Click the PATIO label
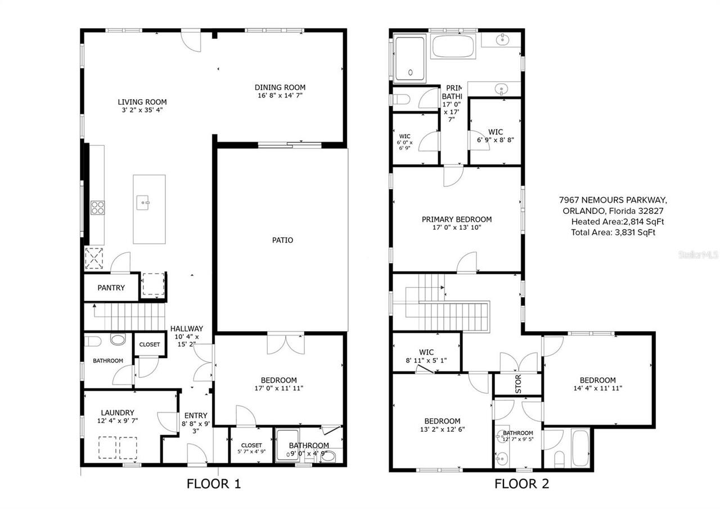282,240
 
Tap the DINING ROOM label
280,87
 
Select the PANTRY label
111,288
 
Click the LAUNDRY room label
118,412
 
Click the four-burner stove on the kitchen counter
97,208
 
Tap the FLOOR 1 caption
214,484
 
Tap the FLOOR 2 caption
521,484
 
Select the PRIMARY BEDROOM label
457,220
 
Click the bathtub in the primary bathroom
453,46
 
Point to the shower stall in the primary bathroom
410,58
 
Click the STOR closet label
518,383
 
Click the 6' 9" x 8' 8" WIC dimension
496,140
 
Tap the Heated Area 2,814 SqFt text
618,222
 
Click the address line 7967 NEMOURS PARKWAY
613,200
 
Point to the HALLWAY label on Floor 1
187,329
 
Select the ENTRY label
195,416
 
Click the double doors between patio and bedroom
286,343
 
